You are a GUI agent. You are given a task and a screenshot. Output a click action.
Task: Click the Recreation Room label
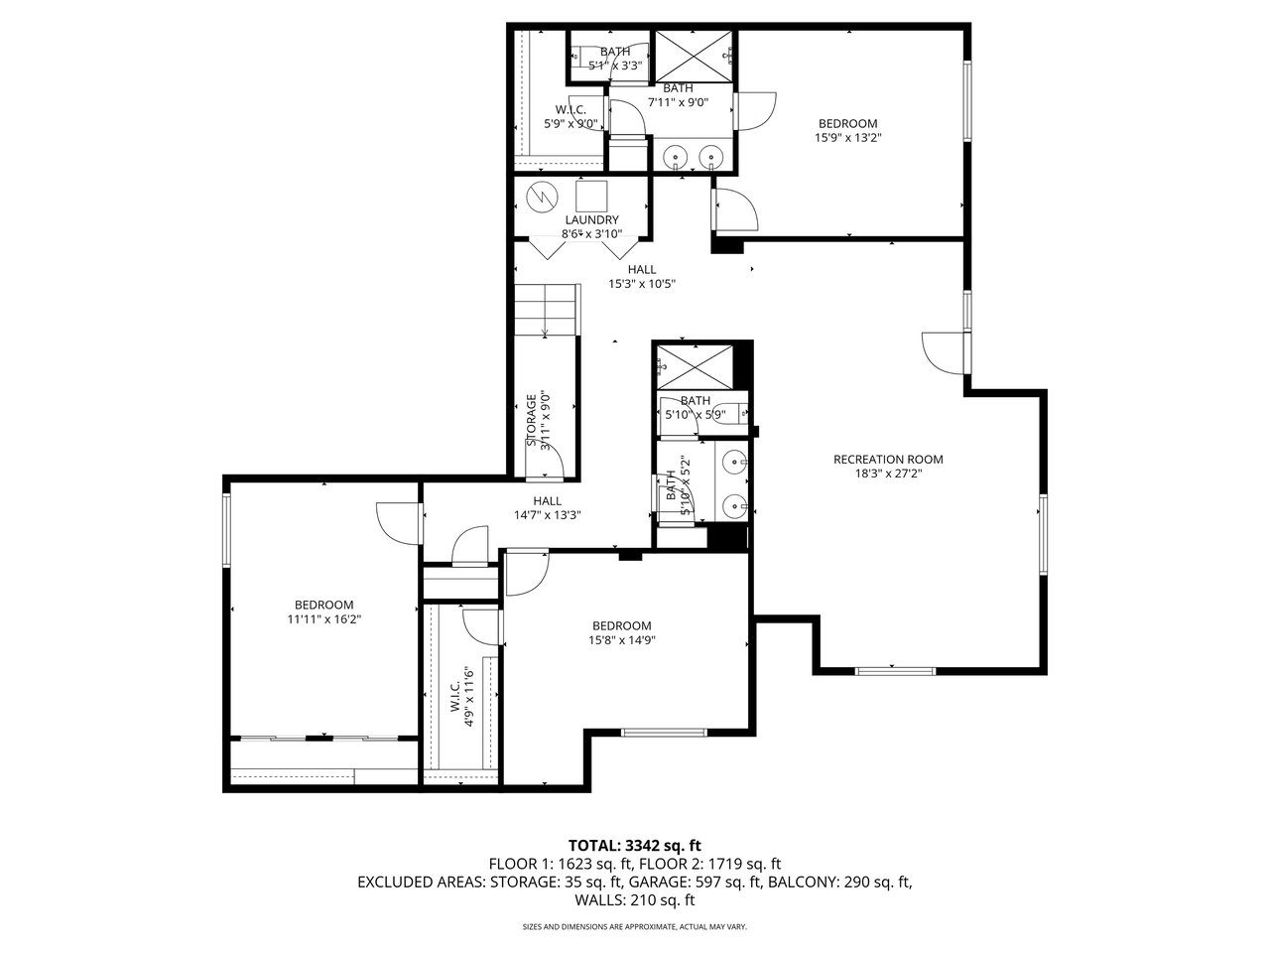click(888, 460)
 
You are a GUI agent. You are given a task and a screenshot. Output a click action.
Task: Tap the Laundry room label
click(591, 219)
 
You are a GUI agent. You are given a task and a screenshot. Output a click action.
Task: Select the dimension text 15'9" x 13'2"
click(847, 138)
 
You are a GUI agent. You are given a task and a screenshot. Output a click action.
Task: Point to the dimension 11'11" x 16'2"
click(324, 619)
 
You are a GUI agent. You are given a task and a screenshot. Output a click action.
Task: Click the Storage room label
click(531, 421)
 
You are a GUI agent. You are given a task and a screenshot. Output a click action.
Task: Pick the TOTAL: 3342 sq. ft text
click(635, 846)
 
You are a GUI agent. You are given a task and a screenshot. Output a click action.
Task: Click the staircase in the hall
click(548, 310)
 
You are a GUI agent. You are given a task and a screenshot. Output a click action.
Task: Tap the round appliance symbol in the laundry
click(540, 198)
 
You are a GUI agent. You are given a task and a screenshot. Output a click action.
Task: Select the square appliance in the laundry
click(591, 197)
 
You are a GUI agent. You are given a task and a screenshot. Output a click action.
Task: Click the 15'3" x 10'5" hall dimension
click(642, 284)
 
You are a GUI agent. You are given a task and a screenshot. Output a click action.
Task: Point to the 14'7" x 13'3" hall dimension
click(547, 515)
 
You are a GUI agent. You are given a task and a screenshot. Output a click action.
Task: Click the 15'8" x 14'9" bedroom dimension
click(621, 640)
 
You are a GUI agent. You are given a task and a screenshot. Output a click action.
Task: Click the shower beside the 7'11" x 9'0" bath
click(694, 57)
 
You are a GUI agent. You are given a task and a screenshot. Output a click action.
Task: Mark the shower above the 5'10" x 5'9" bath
click(695, 367)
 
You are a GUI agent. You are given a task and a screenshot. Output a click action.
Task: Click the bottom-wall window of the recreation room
click(895, 671)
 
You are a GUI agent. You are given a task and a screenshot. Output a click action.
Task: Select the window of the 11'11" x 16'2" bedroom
click(227, 530)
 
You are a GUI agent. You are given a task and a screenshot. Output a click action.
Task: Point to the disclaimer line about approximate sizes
click(635, 927)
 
